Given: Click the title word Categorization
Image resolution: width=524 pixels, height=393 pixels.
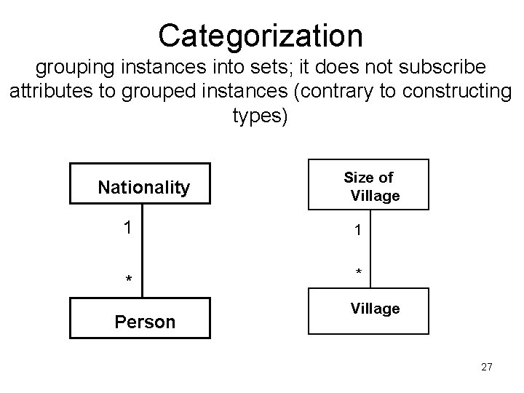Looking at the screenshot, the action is [x=261, y=34].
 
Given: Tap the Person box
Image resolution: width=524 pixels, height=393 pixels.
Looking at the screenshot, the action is [x=143, y=320].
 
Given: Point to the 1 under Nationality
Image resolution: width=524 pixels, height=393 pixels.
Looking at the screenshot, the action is [x=127, y=228].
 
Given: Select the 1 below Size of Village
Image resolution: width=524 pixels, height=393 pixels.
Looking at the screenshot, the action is [x=357, y=231].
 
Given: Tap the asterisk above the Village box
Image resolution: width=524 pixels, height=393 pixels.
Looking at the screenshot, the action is [x=358, y=271].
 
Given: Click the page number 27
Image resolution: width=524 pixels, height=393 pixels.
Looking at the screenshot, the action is [x=486, y=368].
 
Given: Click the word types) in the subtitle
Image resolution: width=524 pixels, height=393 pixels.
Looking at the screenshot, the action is [x=261, y=116].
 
